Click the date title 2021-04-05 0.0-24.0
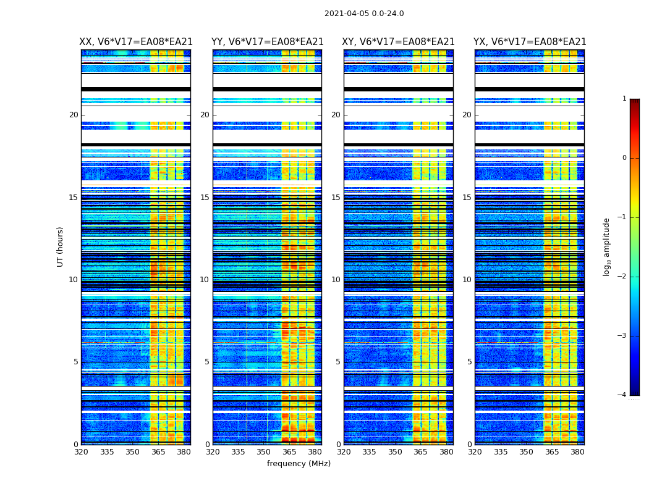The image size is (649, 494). coord(364,14)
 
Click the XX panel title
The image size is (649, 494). coord(136,42)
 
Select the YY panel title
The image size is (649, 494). coord(268,42)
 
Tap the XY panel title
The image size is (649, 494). coord(399,42)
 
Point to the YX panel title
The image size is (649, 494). coord(530,42)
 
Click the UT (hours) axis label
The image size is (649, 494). coord(61,246)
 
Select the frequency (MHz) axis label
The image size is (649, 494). coord(299,464)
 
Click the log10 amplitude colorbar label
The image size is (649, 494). coord(607,246)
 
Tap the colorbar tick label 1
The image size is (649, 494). coord(624,99)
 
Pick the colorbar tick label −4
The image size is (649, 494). coord(622,395)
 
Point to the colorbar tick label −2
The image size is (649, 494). coord(622,277)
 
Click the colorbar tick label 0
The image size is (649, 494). coord(624,158)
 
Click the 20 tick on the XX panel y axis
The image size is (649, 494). coord(74,115)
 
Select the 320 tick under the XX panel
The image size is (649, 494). coord(81,452)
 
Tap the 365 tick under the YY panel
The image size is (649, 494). coord(290,452)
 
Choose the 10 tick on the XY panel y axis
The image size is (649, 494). coord(336,280)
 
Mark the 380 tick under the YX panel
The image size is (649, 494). coord(577,452)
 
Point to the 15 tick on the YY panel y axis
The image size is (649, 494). coord(205,198)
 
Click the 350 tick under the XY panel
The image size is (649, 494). coord(395,452)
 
